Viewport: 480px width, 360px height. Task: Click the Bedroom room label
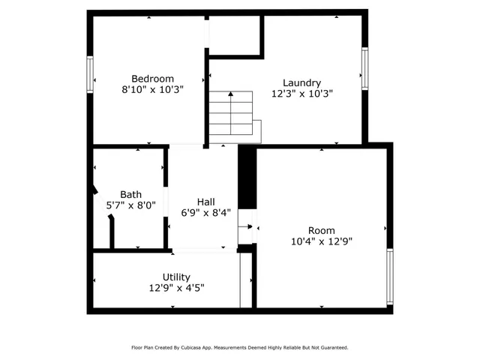pos(152,79)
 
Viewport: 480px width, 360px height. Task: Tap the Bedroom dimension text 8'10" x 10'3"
pos(152,89)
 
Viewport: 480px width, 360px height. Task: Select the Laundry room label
pos(301,83)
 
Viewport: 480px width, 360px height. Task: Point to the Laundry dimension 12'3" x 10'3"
pos(301,94)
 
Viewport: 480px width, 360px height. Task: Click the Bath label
pos(130,193)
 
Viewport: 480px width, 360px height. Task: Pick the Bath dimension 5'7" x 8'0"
pos(130,204)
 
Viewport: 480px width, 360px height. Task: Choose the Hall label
pos(205,202)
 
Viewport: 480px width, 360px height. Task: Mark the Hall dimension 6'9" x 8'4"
pos(205,212)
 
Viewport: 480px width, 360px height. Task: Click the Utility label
pos(176,277)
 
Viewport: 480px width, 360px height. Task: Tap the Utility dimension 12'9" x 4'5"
pos(176,287)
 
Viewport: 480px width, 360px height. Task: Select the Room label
pos(322,230)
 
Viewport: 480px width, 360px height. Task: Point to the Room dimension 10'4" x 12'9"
pos(322,241)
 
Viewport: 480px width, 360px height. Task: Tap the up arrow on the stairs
pos(230,95)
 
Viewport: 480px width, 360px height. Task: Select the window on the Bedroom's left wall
pos(90,73)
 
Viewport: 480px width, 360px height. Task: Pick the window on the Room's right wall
pos(389,277)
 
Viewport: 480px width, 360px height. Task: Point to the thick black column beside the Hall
pos(247,177)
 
